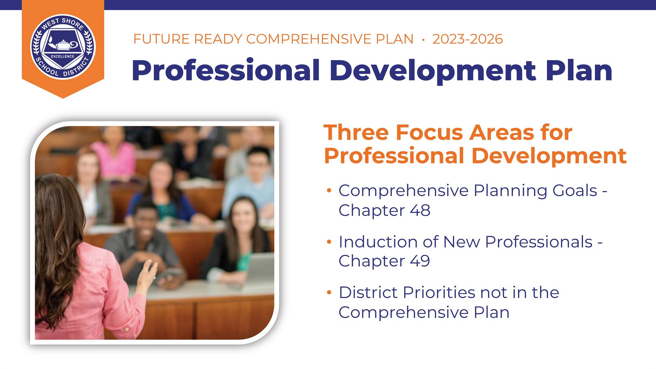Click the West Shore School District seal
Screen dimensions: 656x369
(x=63, y=46)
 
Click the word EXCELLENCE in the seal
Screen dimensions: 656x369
(x=63, y=56)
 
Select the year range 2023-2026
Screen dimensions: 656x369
(x=467, y=39)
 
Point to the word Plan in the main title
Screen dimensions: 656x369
(x=579, y=71)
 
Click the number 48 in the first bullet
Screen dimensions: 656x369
(x=420, y=210)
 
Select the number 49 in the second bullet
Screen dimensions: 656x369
(x=420, y=261)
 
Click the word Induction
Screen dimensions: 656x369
(x=378, y=242)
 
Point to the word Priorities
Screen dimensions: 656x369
(x=439, y=292)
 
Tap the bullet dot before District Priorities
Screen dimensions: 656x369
(x=329, y=292)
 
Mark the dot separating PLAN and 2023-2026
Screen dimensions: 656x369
(x=423, y=40)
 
